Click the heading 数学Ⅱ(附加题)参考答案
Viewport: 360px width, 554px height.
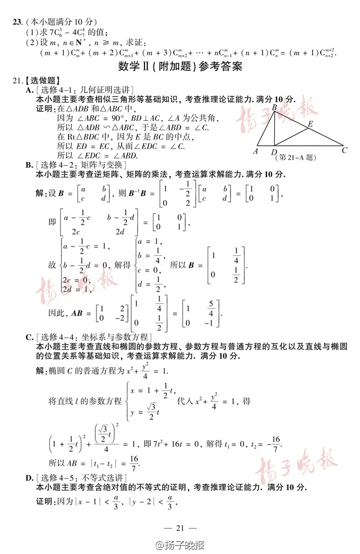180,68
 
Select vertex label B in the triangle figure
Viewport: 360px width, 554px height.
274,106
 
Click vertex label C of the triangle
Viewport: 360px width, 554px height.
344,150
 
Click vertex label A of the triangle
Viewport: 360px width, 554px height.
255,151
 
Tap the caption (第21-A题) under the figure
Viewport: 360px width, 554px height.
295,158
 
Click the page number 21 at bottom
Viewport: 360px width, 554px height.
180,528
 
